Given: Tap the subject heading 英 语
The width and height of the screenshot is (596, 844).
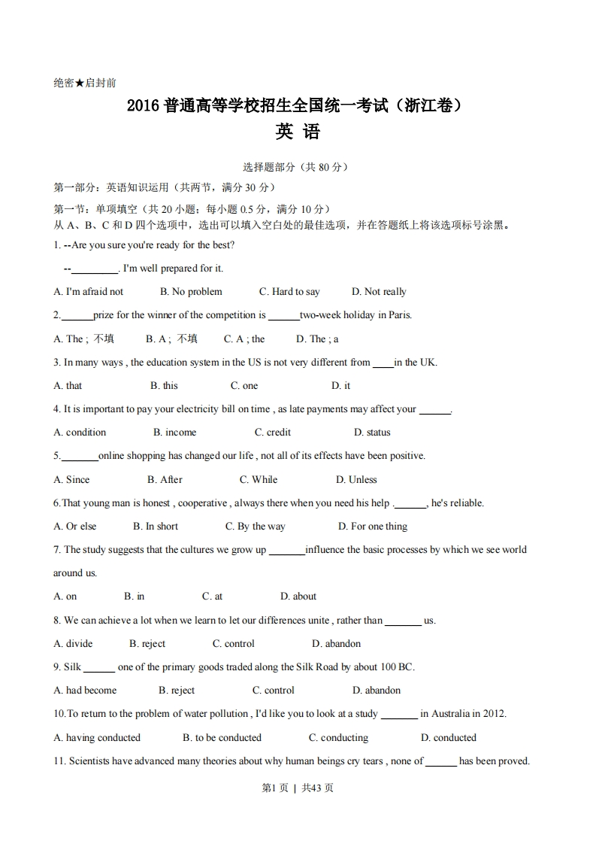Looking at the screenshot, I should pos(298,132).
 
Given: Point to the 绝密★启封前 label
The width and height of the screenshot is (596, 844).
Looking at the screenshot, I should pos(85,83).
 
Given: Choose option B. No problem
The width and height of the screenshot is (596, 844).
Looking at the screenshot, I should pos(191,291).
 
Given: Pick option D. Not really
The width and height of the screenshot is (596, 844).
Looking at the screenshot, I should pos(379,291).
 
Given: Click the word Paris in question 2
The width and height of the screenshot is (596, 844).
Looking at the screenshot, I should pos(398,315).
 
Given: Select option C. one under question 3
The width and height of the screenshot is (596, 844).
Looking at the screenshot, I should pos(244,385).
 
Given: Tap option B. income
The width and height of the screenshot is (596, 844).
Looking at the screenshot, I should pos(174,432).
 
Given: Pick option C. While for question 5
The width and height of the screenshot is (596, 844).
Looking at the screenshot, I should pos(258,479).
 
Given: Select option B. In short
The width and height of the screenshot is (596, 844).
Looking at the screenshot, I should pos(156,526).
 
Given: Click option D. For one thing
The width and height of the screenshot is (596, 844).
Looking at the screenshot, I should pos(372,526).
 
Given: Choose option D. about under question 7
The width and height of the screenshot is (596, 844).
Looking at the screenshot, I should pos(298,596).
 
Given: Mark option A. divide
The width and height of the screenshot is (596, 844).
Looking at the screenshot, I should pos(73,643).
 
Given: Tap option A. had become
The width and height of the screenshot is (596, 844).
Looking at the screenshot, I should pos(85,690).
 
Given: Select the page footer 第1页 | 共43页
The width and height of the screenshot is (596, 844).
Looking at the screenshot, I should pos(297,788).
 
